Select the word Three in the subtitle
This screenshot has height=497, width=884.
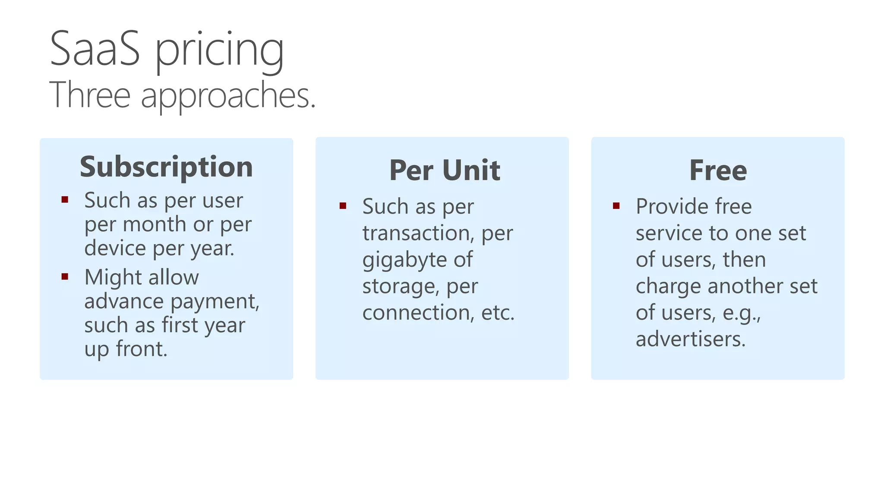(90, 95)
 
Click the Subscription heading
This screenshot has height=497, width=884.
(166, 167)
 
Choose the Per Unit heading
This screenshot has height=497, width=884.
(445, 170)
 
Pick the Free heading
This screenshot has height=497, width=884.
(718, 170)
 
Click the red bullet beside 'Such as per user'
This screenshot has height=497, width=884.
(65, 199)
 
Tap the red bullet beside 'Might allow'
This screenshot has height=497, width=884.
(65, 277)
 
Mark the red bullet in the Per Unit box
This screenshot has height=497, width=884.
(343, 206)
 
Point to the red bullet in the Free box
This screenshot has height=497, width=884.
(616, 206)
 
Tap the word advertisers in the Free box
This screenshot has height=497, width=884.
(690, 339)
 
